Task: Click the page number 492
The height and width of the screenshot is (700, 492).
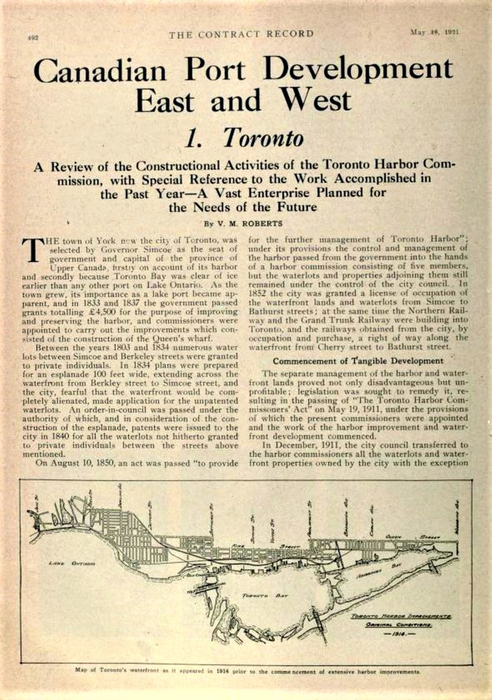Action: click(x=33, y=38)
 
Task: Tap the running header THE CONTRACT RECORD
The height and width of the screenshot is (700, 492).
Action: click(x=241, y=34)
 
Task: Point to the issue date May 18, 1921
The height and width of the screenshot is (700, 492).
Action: click(x=435, y=32)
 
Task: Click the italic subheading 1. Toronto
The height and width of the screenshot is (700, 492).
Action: click(x=244, y=139)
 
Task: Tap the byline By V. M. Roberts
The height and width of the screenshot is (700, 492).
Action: click(x=244, y=224)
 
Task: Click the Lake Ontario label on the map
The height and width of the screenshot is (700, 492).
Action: click(x=66, y=563)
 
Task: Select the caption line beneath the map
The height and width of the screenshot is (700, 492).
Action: click(x=246, y=671)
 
